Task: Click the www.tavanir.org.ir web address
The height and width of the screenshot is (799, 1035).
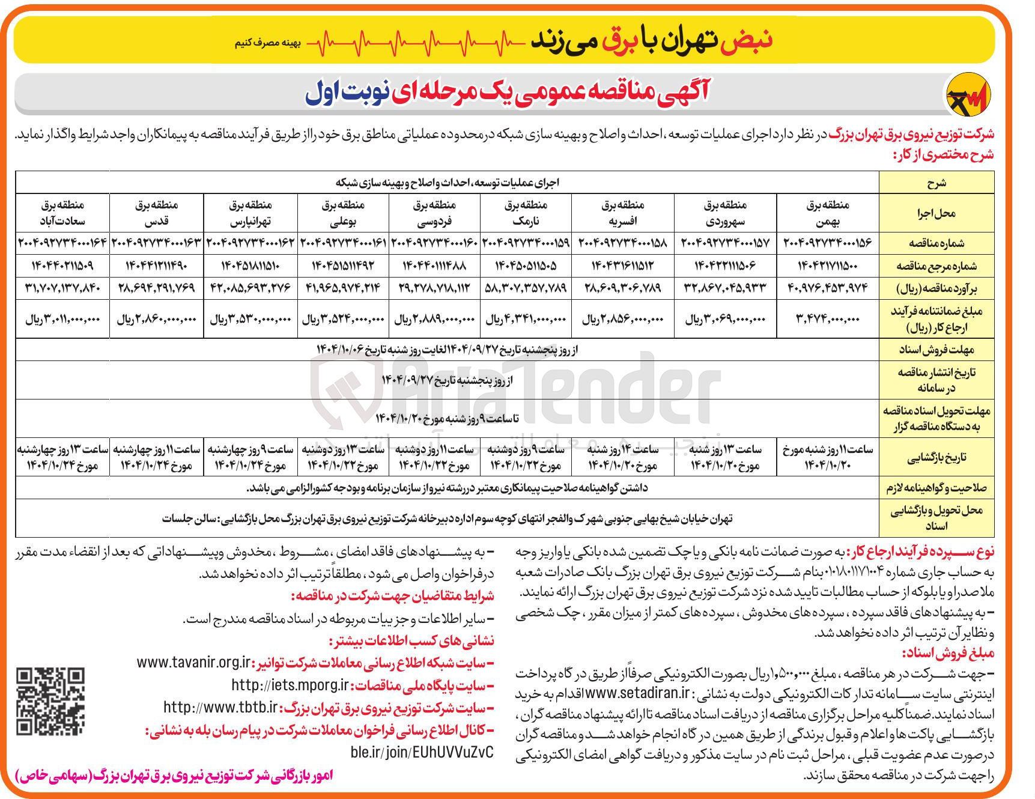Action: click(193, 663)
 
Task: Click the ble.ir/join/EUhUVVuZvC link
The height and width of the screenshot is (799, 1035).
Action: click(420, 752)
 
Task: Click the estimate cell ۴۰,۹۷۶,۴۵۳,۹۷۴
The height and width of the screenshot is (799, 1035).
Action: click(827, 288)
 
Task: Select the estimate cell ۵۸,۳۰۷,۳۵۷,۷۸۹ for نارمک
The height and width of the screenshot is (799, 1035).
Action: click(526, 288)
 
